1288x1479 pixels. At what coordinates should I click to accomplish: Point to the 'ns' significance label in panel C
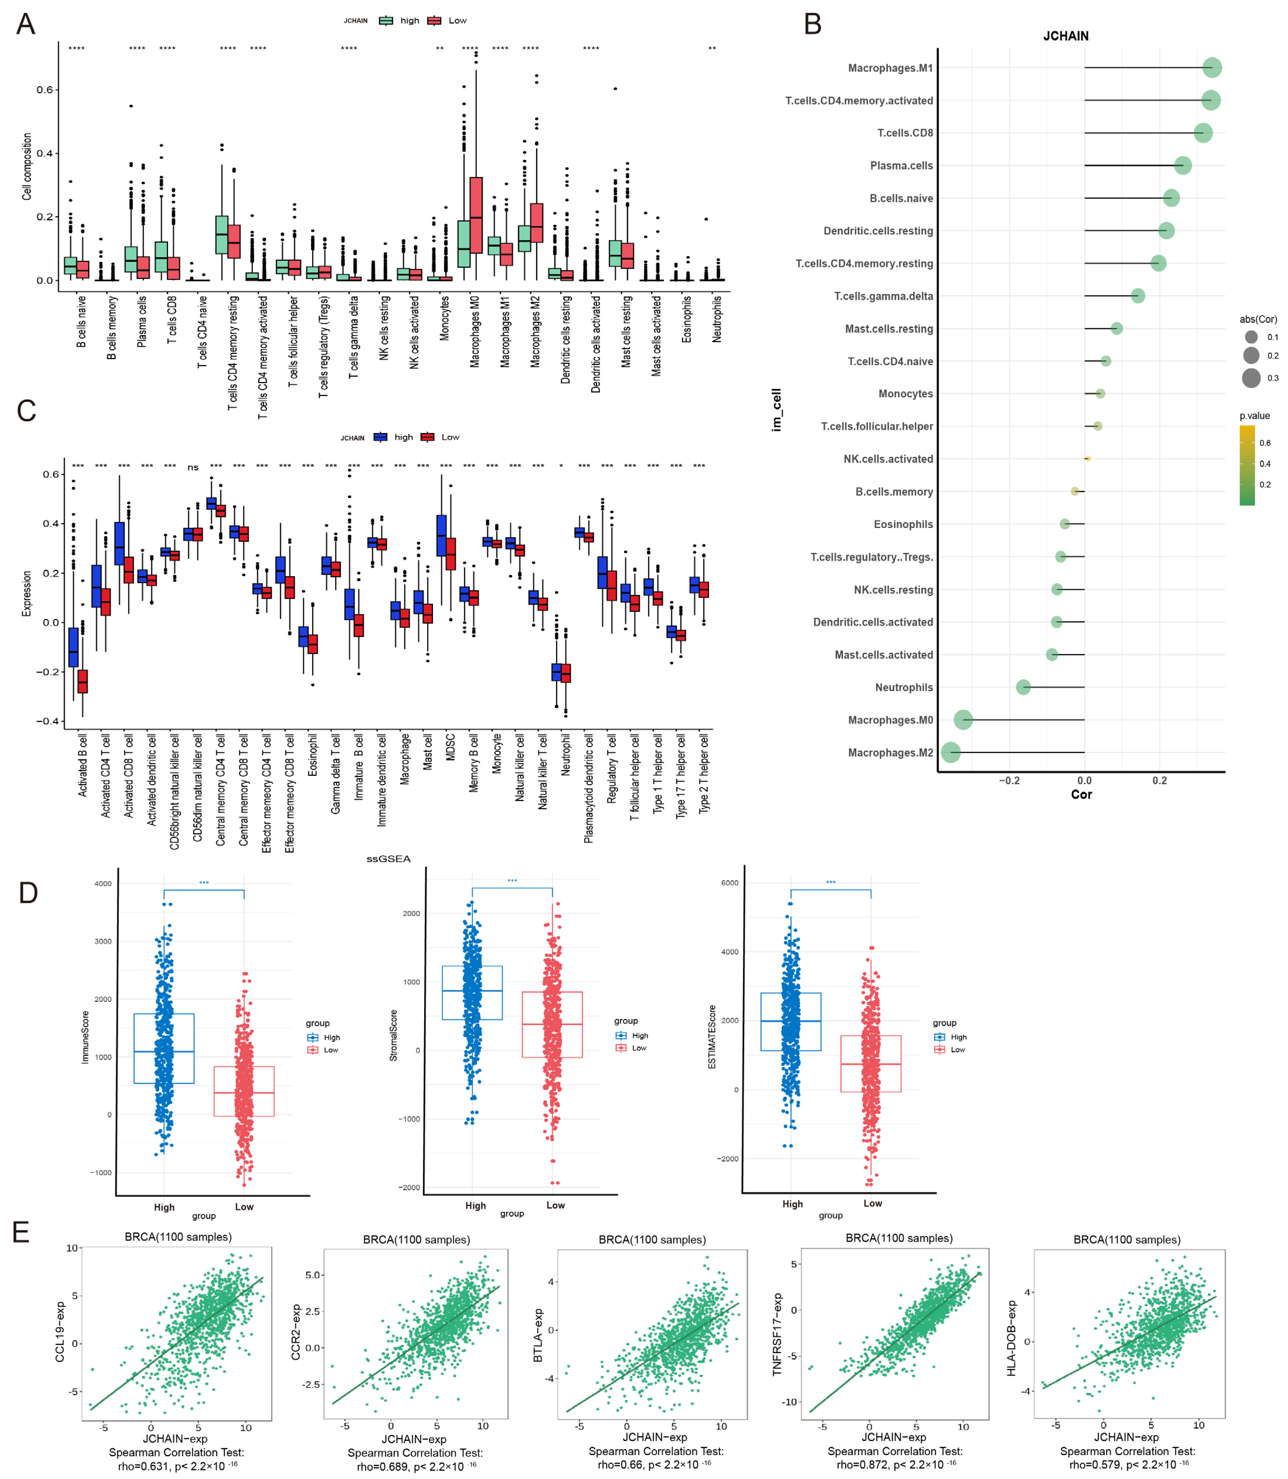(193, 468)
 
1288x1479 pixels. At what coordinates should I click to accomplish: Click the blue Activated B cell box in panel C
(73, 646)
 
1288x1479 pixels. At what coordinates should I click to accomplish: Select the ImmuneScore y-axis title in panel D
(86, 1036)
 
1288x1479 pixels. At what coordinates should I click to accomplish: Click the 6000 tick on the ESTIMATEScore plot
(730, 883)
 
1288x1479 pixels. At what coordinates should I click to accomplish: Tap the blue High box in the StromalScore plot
(472, 993)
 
